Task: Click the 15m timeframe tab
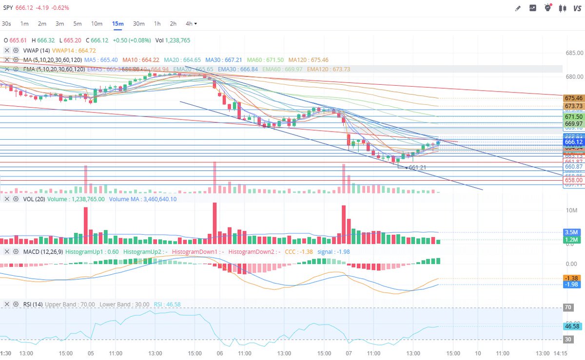(118, 23)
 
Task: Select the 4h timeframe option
(189, 23)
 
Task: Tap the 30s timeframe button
(6, 23)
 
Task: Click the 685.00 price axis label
(574, 53)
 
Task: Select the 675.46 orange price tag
(573, 98)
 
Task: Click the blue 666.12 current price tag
(573, 142)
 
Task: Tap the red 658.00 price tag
(573, 180)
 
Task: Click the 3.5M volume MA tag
(571, 232)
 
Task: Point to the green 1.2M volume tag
(571, 240)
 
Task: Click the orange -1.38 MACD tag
(571, 278)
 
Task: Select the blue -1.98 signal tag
(571, 284)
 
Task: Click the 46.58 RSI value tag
(572, 326)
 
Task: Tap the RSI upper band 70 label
(568, 308)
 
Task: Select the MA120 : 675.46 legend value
(308, 59)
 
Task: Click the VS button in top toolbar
(577, 8)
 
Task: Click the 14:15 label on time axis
(560, 353)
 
